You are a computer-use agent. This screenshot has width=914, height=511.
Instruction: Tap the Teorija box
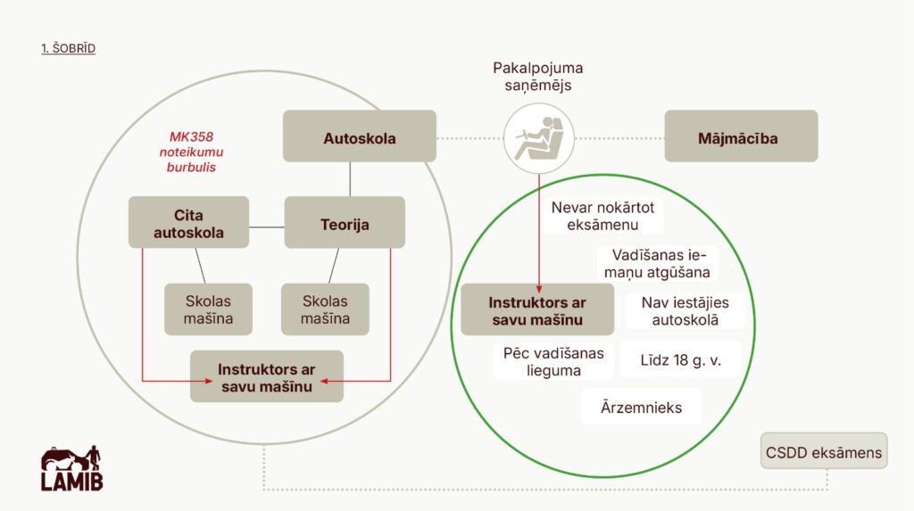point(345,223)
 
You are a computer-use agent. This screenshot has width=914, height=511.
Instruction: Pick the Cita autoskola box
point(188,223)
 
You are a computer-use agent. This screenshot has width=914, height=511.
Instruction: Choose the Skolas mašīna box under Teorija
point(325,309)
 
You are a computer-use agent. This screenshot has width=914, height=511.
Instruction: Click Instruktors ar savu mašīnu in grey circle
point(266,376)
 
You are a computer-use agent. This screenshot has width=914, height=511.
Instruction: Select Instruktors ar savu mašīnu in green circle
point(536,309)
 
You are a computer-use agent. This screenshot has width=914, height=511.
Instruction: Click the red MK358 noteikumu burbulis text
point(192,152)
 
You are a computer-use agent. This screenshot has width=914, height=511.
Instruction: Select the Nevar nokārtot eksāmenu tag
point(602,217)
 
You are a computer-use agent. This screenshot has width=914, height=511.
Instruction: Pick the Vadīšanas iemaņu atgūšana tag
point(660,263)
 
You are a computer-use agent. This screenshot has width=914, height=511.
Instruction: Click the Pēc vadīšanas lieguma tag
point(553,361)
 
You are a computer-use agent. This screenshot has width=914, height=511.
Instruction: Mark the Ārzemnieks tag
point(642,408)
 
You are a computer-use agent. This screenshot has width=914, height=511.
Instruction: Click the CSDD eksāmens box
point(824,453)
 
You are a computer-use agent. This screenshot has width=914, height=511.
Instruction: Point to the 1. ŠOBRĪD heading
point(68,48)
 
